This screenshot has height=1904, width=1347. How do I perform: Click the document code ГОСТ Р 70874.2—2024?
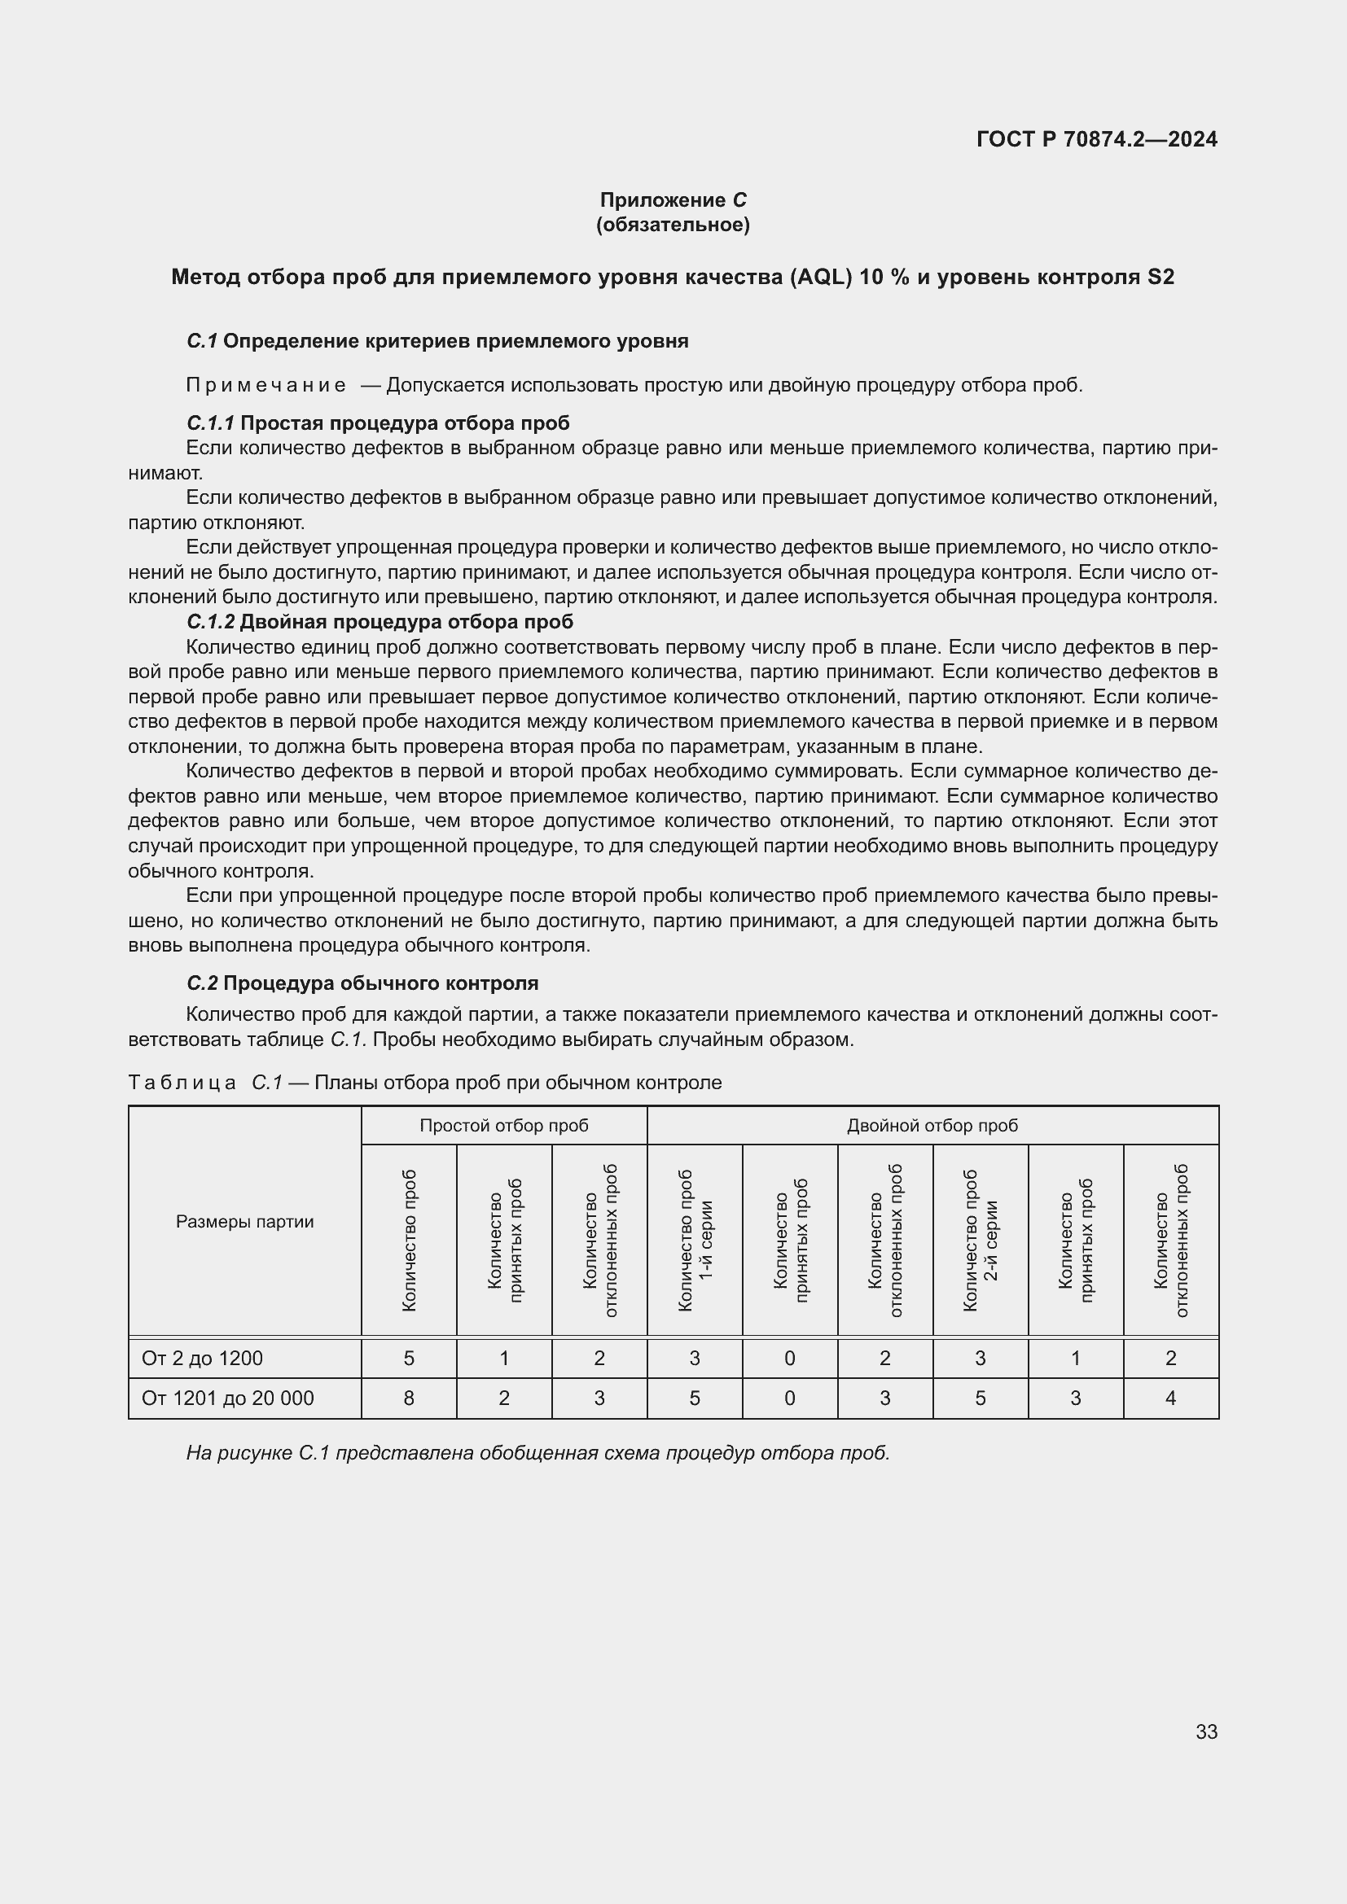(1096, 139)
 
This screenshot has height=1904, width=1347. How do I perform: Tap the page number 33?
(1206, 1731)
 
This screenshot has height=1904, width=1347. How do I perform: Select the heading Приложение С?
(673, 200)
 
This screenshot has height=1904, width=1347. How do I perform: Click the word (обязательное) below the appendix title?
(673, 225)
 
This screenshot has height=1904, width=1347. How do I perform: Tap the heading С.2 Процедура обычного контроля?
(362, 983)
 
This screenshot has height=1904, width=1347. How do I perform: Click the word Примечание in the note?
(266, 385)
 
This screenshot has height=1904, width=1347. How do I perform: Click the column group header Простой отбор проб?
(503, 1125)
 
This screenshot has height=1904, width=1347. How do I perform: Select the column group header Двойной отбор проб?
(932, 1125)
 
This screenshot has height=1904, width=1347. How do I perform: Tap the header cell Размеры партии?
(244, 1222)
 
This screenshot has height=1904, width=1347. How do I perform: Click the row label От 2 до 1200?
(203, 1359)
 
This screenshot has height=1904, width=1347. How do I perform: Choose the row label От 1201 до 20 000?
(227, 1398)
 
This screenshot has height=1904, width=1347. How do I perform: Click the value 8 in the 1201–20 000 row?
(409, 1398)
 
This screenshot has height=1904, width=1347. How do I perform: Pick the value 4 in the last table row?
(1170, 1398)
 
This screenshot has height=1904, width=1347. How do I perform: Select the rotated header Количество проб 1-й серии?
(694, 1241)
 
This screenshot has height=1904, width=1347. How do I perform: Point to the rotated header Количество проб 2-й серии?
(980, 1241)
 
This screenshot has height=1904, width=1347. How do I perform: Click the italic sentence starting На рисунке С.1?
(537, 1453)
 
